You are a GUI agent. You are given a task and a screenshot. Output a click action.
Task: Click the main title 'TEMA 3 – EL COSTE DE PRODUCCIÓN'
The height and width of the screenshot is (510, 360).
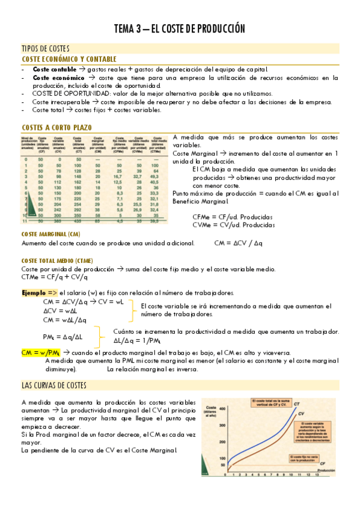pos(180,28)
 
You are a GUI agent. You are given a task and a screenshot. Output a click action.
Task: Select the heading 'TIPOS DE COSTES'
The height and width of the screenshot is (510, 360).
pos(45,48)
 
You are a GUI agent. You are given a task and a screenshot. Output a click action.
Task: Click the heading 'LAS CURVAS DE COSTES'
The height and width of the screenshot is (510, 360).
pos(53,385)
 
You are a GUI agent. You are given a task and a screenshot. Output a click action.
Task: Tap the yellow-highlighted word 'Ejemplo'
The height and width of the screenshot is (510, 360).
pos(37,292)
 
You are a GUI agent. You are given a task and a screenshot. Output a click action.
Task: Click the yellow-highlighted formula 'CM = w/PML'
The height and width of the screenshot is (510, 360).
pos(40,352)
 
